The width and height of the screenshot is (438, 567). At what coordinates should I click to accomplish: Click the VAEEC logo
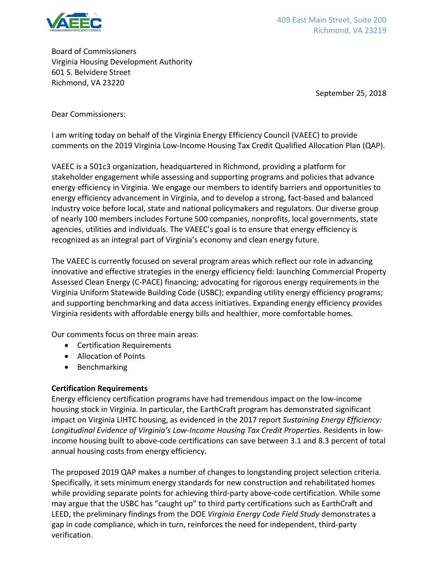(x=74, y=22)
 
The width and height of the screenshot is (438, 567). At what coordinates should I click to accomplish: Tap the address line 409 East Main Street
(x=331, y=20)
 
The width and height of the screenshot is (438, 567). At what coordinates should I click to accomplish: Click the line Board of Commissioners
(x=94, y=51)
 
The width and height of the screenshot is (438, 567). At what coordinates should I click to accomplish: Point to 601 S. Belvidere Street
(x=91, y=72)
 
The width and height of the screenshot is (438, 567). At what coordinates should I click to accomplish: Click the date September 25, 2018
(x=351, y=93)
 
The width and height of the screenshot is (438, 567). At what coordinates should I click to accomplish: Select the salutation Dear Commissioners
(x=88, y=114)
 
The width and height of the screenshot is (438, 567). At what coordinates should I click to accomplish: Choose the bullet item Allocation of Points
(x=111, y=356)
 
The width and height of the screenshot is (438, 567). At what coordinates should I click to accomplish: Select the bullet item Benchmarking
(x=102, y=367)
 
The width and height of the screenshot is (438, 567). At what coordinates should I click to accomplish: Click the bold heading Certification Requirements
(x=99, y=388)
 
